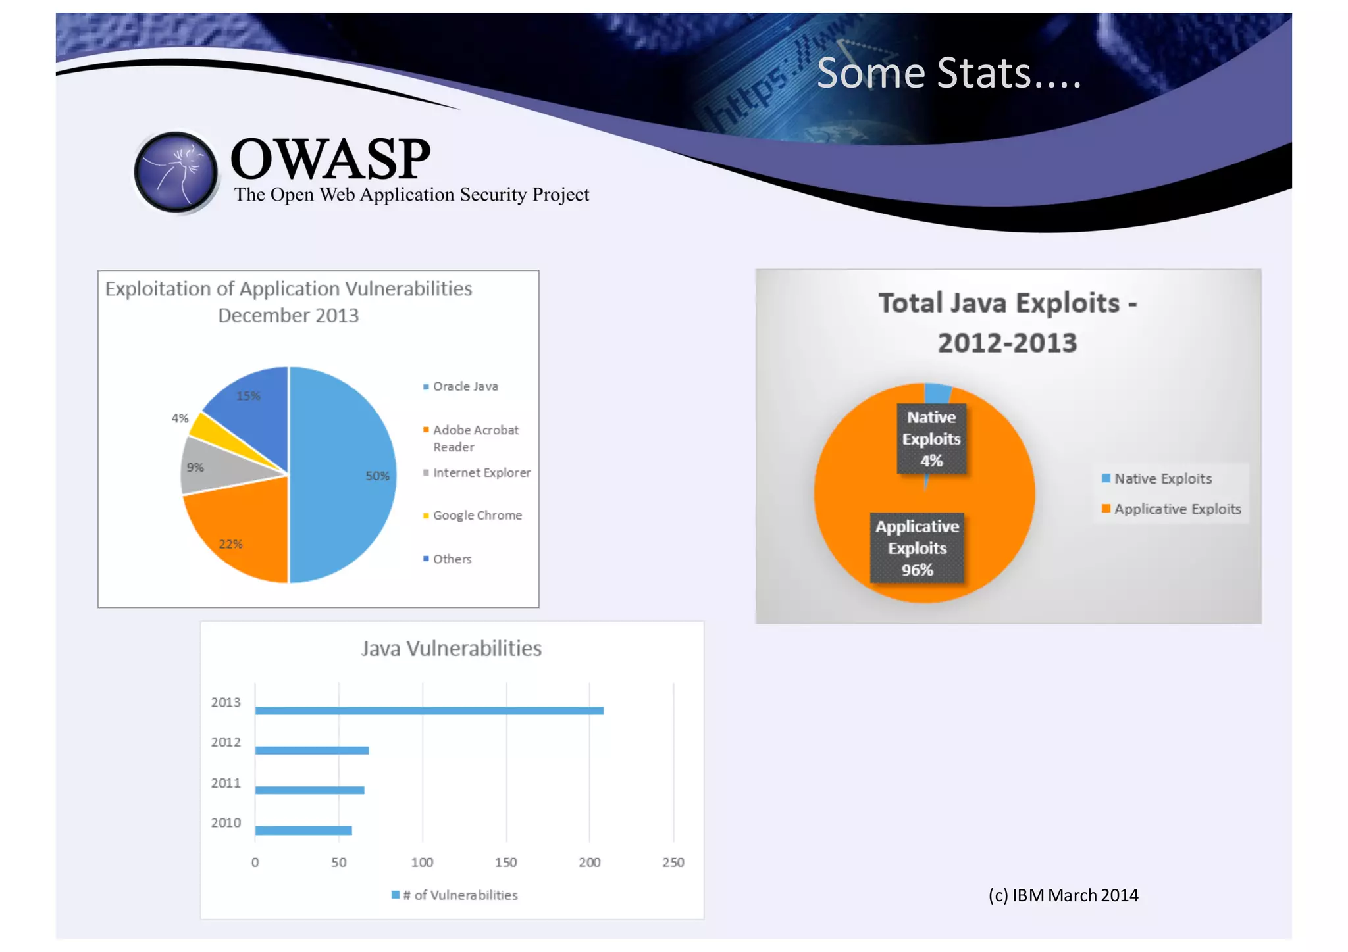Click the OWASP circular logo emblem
pyautogui.click(x=176, y=172)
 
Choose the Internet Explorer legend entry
pyautogui.click(x=480, y=472)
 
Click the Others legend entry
pyautogui.click(x=452, y=559)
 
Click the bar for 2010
pyautogui.click(x=303, y=830)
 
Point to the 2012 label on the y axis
pyautogui.click(x=226, y=742)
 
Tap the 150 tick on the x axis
pyautogui.click(x=505, y=862)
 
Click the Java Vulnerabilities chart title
pyautogui.click(x=452, y=649)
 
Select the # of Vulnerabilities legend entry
pyautogui.click(x=459, y=895)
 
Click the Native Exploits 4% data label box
pyautogui.click(x=931, y=439)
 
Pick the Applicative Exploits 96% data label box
pyautogui.click(x=917, y=547)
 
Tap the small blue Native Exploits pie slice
pyautogui.click(x=937, y=393)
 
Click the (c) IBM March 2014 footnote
pyautogui.click(x=1063, y=895)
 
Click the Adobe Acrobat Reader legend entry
pyautogui.click(x=475, y=438)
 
